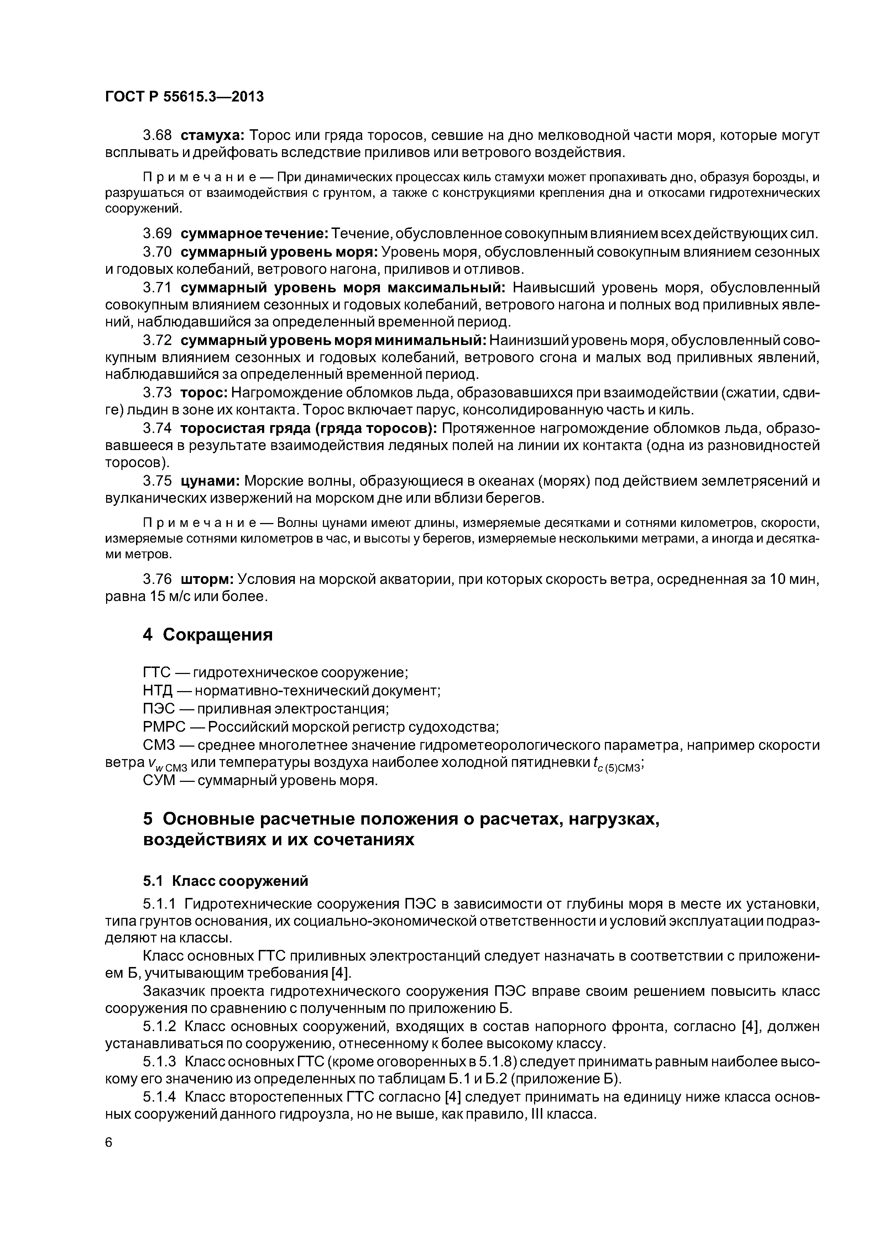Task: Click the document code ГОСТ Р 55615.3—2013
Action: [x=184, y=97]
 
